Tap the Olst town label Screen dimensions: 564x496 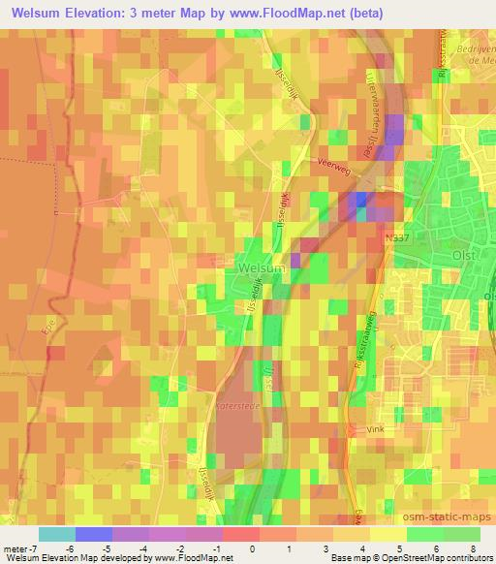click(x=466, y=256)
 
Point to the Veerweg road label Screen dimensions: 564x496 click(x=332, y=165)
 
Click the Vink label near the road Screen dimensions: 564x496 click(x=376, y=427)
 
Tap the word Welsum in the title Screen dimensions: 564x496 click(x=44, y=14)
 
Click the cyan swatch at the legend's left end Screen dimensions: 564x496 click(x=56, y=534)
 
